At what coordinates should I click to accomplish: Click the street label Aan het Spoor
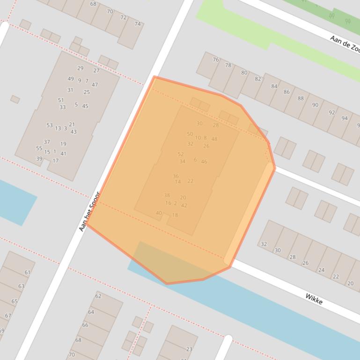pos(90,211)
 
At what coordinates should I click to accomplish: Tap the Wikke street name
pos(314,299)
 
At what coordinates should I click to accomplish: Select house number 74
pos(138,24)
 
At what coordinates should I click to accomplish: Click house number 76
pos(216,59)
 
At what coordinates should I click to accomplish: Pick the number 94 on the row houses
pos(345,118)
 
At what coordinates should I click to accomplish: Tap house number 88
pos(301,99)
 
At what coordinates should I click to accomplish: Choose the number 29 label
pos(81,68)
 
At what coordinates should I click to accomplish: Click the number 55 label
pos(39,148)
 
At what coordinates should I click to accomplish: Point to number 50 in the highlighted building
pos(190,134)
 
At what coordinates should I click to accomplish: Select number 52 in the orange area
pos(181,154)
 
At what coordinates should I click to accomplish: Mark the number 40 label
pos(159,213)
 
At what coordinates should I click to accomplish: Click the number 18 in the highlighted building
pos(175,216)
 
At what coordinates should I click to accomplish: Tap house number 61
pos(27,273)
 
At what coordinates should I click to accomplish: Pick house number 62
pos(98,296)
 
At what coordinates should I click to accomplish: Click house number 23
pos(190,349)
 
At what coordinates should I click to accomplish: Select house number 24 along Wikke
pos(321,270)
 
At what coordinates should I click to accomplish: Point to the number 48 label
pos(214,139)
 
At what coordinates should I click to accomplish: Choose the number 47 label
pos(95,85)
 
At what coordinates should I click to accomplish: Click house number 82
pos(258,79)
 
